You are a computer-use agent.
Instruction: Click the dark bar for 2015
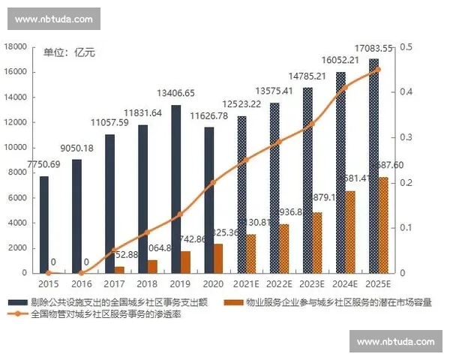coord(44,224)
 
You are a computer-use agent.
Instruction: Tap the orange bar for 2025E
coord(382,225)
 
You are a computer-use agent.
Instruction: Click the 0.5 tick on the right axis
coord(406,47)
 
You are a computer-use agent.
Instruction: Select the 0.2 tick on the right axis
coord(406,182)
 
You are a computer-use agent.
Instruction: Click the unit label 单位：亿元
coord(69,52)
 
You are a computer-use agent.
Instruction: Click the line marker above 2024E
coord(346,87)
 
